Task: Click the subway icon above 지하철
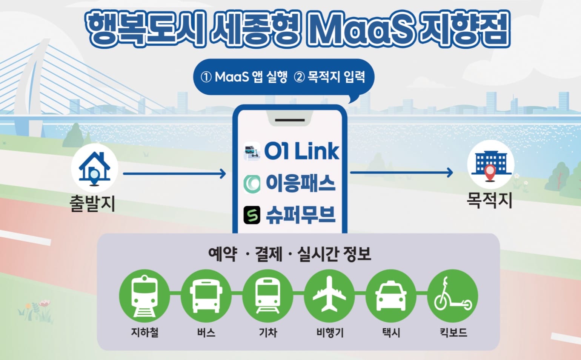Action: coord(144,296)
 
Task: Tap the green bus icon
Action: coord(206,296)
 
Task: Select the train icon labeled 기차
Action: coord(268,296)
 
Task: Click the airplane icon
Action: coord(329,296)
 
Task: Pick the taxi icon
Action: coord(391,296)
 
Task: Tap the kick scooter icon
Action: coord(453,296)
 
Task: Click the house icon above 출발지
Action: coord(94,168)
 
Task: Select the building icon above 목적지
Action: coord(491,164)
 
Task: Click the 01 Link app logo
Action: coord(252,151)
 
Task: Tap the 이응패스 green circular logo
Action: coord(252,184)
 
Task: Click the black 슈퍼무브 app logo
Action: coord(252,215)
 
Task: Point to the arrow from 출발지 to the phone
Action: coord(175,174)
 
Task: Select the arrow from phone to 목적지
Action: coord(401,172)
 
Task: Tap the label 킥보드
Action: coord(453,332)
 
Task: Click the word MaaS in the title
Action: coord(360,30)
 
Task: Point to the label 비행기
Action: coord(330,332)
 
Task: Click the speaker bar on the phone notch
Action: coord(290,120)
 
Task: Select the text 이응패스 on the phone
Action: coord(301,183)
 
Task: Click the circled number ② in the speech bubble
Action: coord(299,77)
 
